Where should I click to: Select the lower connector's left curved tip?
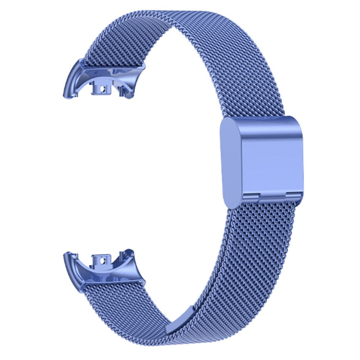[x=66, y=257]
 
